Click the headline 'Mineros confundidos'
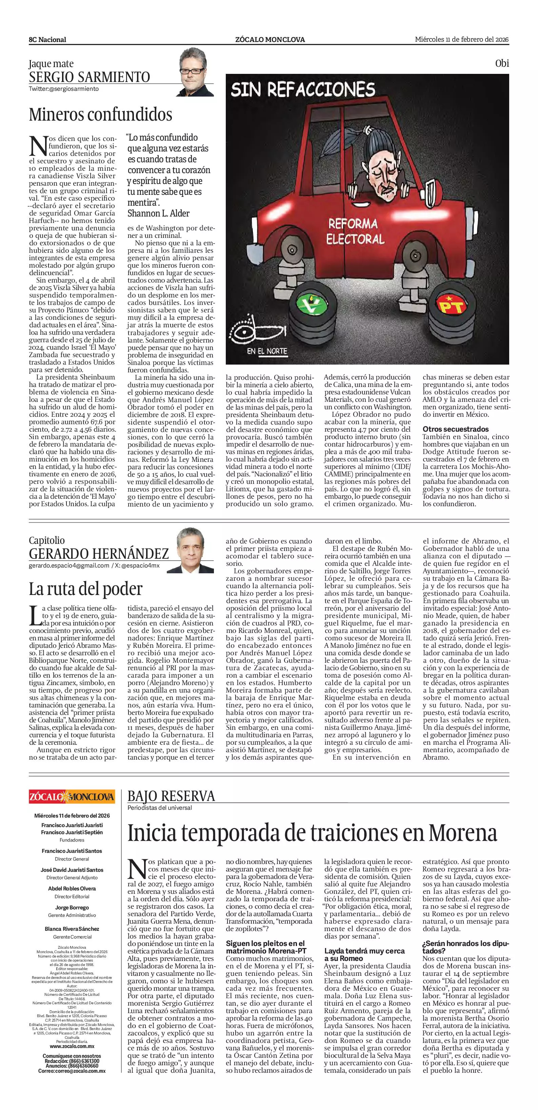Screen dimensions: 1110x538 (100, 115)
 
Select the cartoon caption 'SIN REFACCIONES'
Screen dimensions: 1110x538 (303, 90)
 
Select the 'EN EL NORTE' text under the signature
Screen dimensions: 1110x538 (267, 351)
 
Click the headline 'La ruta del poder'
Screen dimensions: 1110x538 (85, 589)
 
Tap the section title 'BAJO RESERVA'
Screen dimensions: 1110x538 (171, 796)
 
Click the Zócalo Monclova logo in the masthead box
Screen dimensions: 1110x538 (72, 797)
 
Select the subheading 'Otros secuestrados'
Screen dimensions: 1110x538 (455, 429)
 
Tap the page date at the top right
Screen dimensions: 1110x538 (462, 39)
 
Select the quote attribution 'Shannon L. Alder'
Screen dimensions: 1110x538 (158, 213)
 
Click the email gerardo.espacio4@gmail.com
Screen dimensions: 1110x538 (69, 566)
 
